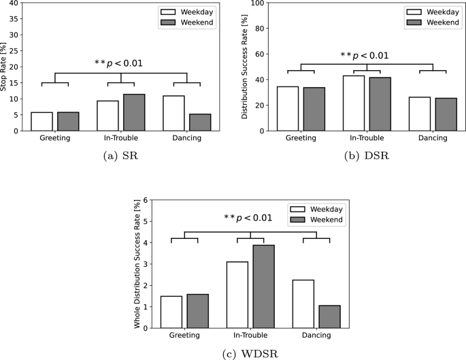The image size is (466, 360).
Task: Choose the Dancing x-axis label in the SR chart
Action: pyautogui.click(x=186, y=138)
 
